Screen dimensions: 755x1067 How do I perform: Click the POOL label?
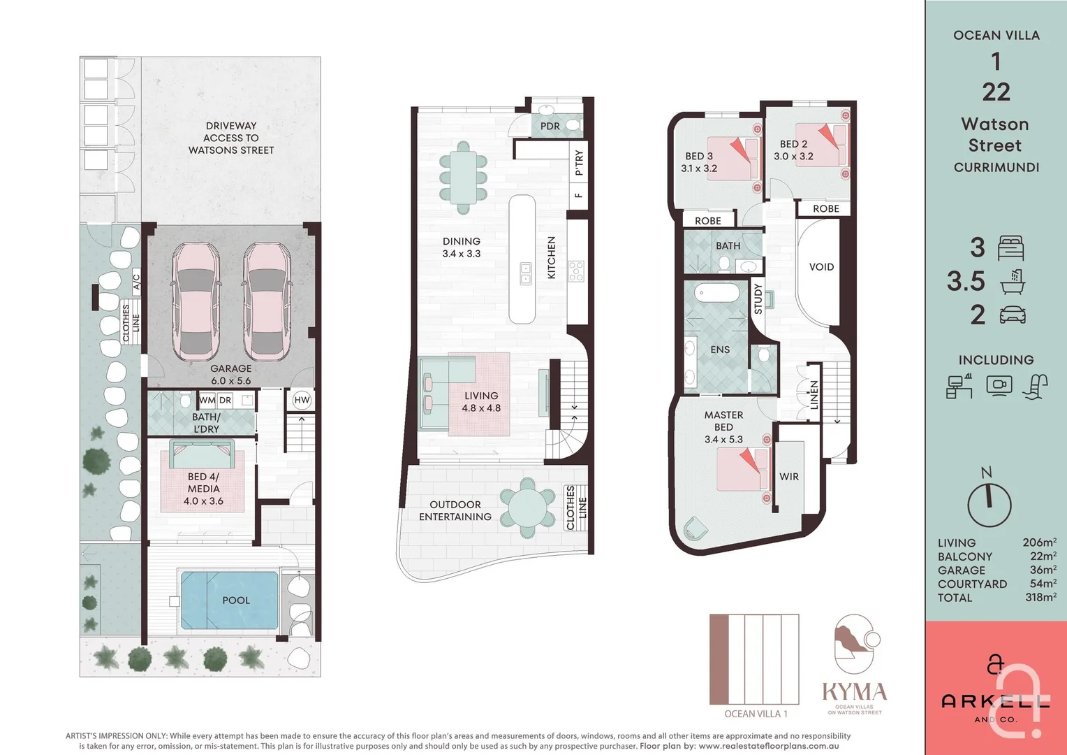coord(236,601)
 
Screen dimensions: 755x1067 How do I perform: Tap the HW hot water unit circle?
coord(302,400)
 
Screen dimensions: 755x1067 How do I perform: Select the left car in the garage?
coord(196,301)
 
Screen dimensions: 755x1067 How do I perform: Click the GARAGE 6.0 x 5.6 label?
coord(231,375)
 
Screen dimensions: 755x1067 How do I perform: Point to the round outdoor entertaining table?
coord(528,508)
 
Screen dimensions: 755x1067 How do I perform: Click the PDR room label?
coord(550,127)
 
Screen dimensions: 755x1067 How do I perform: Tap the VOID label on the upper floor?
coord(821,267)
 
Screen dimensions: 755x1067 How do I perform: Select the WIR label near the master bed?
coord(789,477)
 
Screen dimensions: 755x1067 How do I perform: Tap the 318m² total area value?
coord(1040,598)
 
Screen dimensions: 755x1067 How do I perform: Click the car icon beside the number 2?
coord(1013,315)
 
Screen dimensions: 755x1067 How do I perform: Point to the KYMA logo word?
coord(854,692)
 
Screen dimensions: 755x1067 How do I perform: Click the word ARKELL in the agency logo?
coord(995,701)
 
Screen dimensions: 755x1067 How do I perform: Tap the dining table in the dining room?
coord(462,178)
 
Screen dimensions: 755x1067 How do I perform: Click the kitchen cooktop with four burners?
coord(576,271)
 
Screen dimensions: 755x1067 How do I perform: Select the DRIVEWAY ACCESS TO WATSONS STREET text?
coord(231,138)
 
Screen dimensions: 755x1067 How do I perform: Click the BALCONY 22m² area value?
coord(1043,556)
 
